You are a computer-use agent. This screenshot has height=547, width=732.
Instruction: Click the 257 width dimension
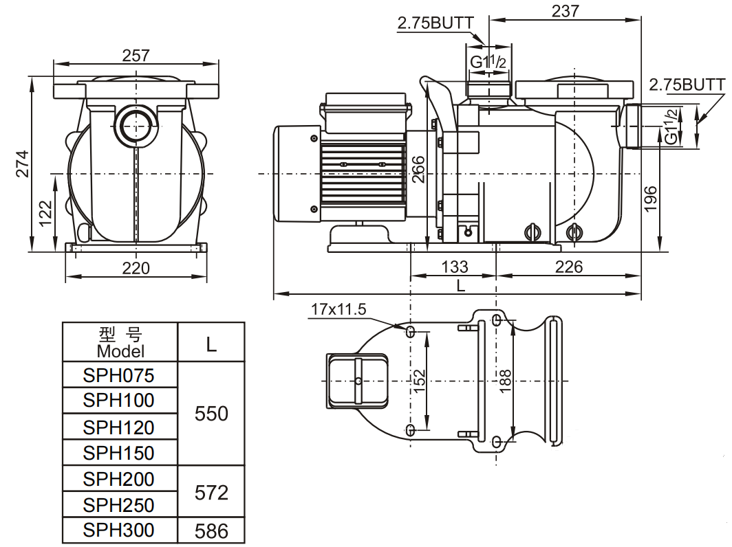[136, 56]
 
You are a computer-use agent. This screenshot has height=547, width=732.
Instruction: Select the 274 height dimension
[23, 164]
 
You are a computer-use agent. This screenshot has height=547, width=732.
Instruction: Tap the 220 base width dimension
[136, 268]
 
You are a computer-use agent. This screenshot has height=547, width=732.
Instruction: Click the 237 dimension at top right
[565, 11]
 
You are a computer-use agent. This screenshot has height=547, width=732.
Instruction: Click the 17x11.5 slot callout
[337, 309]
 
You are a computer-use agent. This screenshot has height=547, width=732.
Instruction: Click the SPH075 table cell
[119, 375]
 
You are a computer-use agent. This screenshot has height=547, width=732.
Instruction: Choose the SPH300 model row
[119, 530]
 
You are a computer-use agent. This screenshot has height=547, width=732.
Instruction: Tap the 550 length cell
[211, 414]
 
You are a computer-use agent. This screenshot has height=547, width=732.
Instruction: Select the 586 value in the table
[211, 531]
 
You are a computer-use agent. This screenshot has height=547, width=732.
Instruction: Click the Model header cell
[120, 342]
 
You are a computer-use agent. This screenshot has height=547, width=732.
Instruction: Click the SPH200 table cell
[119, 478]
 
